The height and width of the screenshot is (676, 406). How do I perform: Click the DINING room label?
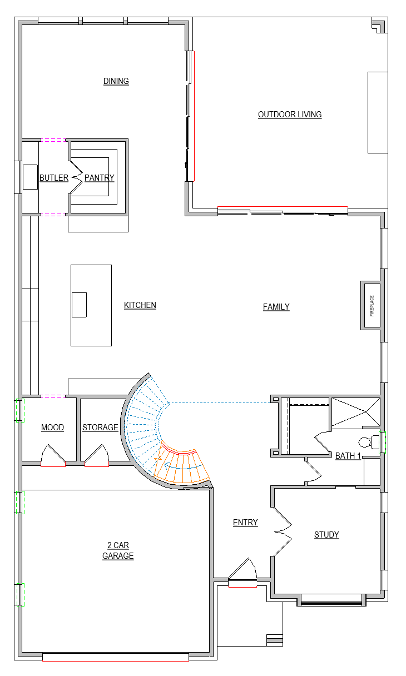coord(116,81)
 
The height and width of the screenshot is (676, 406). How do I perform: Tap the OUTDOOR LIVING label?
coord(290,115)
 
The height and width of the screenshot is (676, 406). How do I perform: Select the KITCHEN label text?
coord(140,305)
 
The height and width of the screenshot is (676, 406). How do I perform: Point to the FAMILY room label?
coord(276,307)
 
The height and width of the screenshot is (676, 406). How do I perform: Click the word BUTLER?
coord(54,178)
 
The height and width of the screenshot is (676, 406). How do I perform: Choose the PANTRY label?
coord(100,178)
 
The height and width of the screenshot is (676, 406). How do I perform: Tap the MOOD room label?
coord(52,428)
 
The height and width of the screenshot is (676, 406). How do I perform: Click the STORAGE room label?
coord(100,428)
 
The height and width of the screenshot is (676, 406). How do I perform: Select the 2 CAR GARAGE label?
coord(118,551)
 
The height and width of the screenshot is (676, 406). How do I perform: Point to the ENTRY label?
coord(245,523)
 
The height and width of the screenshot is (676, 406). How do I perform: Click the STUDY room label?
coord(326,535)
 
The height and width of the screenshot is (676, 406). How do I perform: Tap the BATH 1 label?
coord(348,456)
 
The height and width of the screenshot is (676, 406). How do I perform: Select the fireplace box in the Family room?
coord(371,305)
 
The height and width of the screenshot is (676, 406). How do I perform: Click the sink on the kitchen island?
coord(79,305)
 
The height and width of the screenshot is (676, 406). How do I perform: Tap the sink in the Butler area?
coord(30,177)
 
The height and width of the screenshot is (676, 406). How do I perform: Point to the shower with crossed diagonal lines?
coord(356,412)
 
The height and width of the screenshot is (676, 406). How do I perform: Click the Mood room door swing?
coord(53,455)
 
